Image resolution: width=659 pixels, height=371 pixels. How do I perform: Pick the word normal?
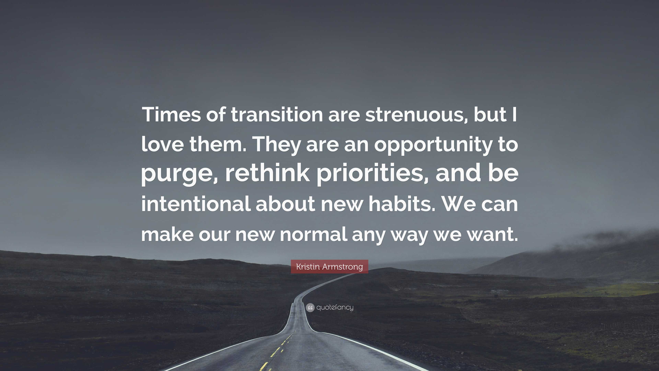tap(313, 234)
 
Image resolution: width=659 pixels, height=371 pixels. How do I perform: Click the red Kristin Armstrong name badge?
tap(329, 267)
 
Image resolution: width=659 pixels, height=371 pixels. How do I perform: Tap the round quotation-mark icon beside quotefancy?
tap(310, 307)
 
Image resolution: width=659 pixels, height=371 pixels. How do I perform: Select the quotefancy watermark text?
tap(335, 307)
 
